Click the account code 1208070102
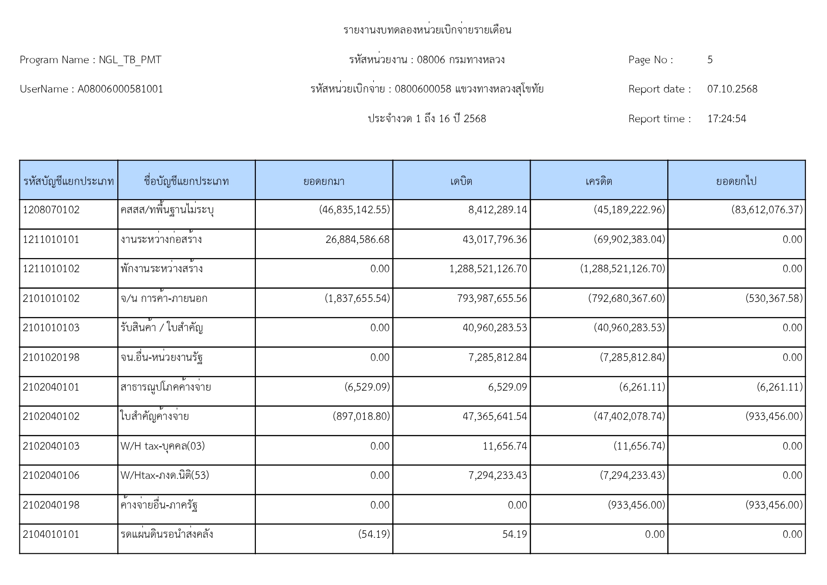[51, 210]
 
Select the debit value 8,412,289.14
[498, 210]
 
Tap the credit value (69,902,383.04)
[629, 240]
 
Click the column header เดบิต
[461, 181]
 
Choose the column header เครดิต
[599, 181]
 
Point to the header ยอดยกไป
[736, 181]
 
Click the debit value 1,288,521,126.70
[488, 269]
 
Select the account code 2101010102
[51, 299]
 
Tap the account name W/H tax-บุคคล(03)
[163, 446]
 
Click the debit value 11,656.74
[505, 446]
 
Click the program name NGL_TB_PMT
[130, 60]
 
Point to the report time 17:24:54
[727, 119]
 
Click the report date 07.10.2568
[732, 89]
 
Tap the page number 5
[710, 60]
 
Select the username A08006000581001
[120, 89]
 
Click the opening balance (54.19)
[374, 535]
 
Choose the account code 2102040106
[51, 476]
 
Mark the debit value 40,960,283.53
[495, 328]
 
